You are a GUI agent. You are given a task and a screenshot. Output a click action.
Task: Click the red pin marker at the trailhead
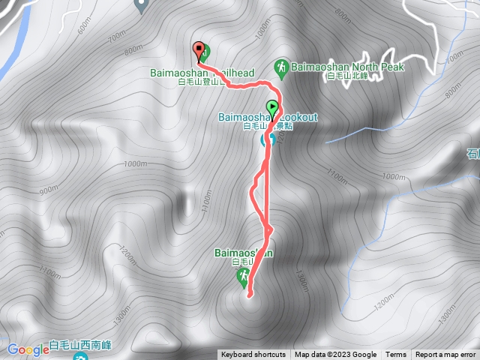(199, 51)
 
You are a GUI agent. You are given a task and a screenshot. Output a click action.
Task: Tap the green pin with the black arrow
(271, 107)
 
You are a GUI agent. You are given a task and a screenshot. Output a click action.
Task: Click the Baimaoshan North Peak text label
(348, 67)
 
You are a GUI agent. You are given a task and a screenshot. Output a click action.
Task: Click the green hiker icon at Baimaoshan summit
(243, 277)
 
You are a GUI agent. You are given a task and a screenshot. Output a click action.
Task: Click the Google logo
(28, 349)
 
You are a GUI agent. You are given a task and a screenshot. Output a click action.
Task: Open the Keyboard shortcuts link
(253, 355)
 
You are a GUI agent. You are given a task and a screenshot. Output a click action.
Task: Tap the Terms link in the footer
(396, 355)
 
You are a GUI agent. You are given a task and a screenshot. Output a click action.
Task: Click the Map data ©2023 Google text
(335, 355)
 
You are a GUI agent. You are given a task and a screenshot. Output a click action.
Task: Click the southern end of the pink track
(247, 296)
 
